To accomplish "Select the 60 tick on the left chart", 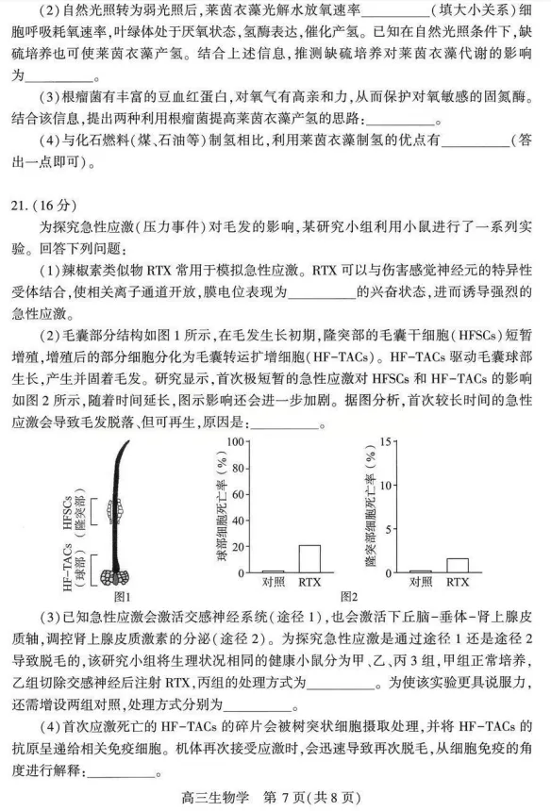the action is (x=240, y=493).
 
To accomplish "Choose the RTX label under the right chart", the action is (x=457, y=582).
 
